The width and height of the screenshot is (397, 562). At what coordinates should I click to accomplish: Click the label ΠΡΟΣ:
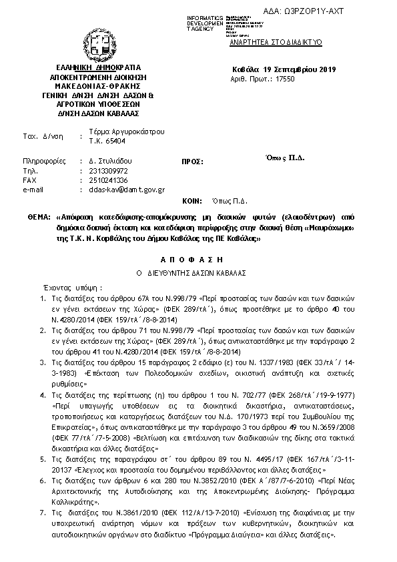[191, 162]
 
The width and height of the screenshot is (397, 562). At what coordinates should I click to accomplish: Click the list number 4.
[43, 396]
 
